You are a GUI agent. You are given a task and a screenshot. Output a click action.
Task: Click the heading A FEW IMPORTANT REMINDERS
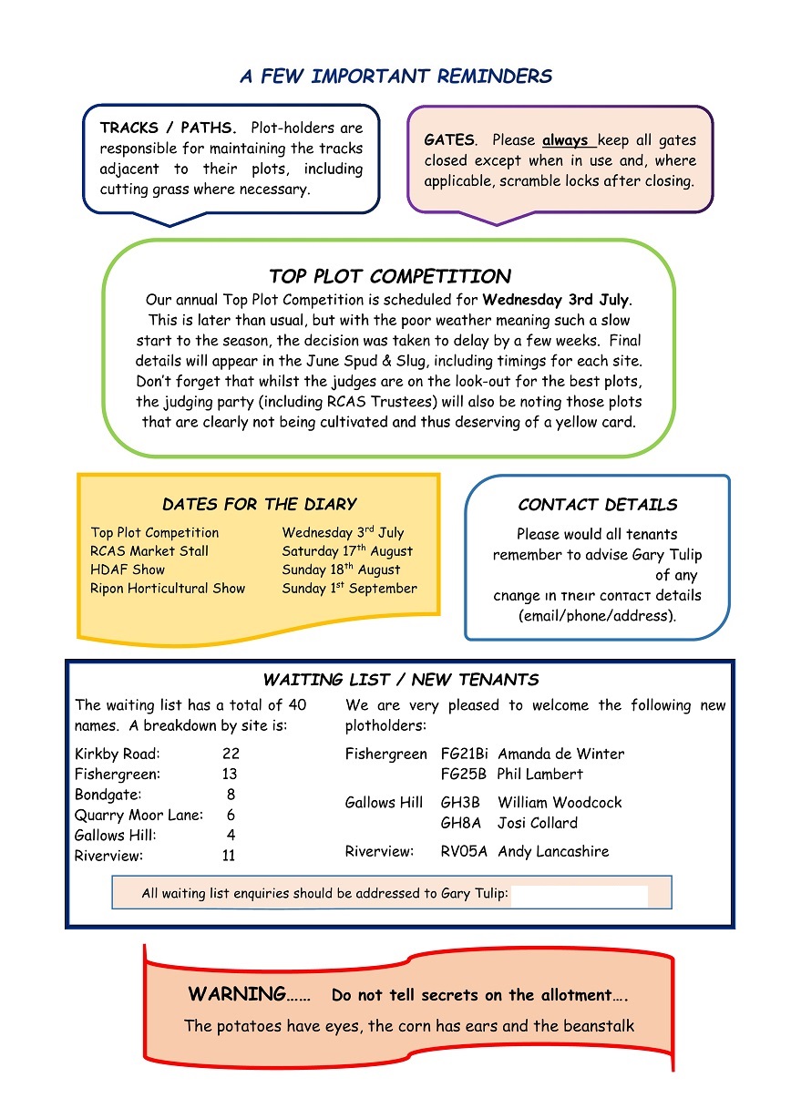(395, 77)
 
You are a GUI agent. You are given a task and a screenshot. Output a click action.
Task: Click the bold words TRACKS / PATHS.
(168, 128)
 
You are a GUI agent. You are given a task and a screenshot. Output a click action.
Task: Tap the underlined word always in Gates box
(567, 141)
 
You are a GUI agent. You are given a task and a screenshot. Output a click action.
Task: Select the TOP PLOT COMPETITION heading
(389, 276)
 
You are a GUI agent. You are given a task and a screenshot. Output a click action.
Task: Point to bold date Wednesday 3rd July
(556, 299)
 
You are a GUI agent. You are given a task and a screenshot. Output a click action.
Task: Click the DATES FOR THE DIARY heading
(259, 505)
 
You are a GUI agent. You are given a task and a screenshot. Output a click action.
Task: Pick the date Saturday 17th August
(347, 551)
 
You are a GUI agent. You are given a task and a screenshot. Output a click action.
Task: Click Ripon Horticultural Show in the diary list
(168, 589)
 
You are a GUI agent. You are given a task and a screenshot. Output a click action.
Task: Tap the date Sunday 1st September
(349, 589)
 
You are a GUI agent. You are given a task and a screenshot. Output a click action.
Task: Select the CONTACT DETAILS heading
(597, 505)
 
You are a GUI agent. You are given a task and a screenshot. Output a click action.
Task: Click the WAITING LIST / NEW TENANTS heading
(400, 680)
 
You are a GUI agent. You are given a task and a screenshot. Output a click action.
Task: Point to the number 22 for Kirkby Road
(231, 755)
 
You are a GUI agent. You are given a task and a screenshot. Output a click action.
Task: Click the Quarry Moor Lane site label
(139, 816)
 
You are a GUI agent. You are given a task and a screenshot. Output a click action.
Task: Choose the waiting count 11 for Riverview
(229, 856)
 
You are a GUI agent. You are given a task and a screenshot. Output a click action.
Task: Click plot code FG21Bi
(464, 755)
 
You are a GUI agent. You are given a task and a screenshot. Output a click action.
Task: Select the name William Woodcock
(560, 803)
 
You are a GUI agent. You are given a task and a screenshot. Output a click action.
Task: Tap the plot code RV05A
(464, 852)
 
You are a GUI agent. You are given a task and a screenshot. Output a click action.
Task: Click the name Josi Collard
(537, 823)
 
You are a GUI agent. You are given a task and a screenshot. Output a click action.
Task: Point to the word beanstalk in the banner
(597, 1026)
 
